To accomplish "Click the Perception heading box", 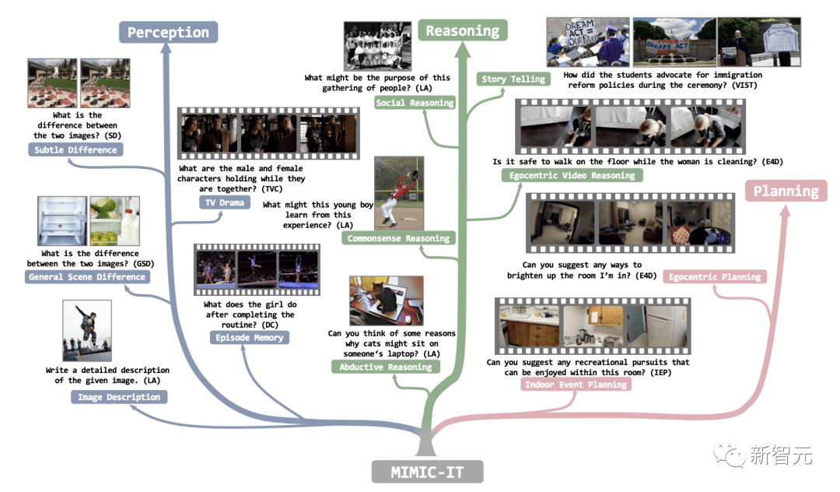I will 168,32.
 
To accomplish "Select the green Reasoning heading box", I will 463,30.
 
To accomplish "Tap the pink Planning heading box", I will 786,191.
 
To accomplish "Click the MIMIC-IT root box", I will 427,471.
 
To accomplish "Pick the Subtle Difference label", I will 75,149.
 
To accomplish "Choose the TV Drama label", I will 225,202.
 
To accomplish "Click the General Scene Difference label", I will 86,276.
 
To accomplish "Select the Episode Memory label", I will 249,337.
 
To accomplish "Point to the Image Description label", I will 119,397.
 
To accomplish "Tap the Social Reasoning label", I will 415,103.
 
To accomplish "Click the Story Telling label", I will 513,79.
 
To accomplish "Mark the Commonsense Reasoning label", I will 398,238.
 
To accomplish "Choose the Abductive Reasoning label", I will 385,367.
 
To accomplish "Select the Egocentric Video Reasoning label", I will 572,175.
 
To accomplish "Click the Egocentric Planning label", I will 715,276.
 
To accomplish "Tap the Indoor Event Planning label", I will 576,385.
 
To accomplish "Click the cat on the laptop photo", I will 386,300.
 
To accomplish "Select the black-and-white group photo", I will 378,46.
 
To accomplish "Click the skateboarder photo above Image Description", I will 87,331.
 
